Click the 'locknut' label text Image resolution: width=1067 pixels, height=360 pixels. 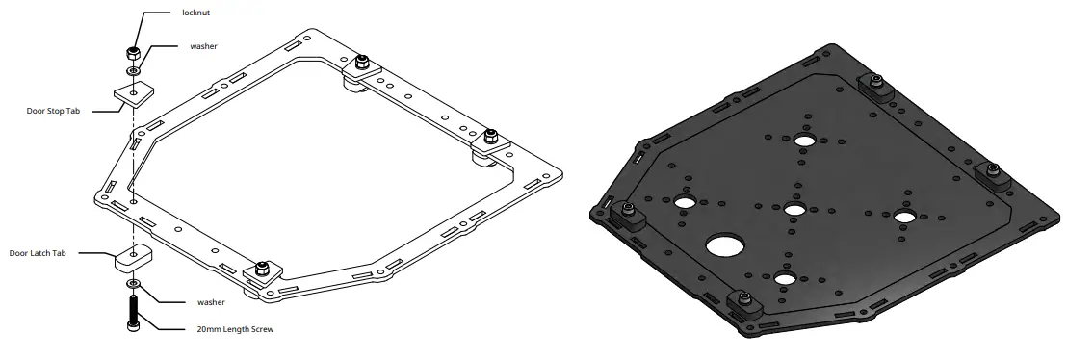(x=195, y=13)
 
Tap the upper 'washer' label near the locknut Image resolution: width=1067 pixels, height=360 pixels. (x=203, y=46)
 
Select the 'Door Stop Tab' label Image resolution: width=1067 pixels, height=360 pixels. (x=53, y=111)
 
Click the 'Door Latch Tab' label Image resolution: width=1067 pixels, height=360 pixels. (x=38, y=253)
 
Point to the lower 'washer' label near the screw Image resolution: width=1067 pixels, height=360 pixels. (x=211, y=302)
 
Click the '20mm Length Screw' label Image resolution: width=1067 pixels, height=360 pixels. (x=235, y=329)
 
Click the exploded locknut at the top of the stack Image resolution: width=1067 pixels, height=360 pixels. (x=133, y=53)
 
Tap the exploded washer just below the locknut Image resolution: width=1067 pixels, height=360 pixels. (x=133, y=70)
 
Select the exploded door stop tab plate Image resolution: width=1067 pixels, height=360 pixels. (x=134, y=94)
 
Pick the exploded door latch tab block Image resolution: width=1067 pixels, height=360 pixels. (x=133, y=257)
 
